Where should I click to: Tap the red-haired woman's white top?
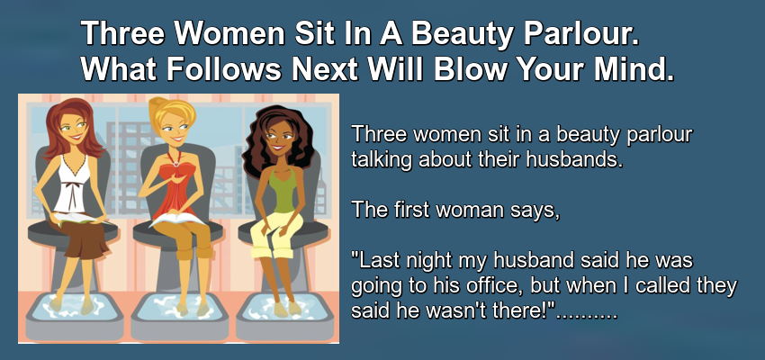71,184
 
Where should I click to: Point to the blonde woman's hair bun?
158,103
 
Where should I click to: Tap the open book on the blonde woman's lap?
177,218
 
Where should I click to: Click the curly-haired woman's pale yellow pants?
275,234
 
